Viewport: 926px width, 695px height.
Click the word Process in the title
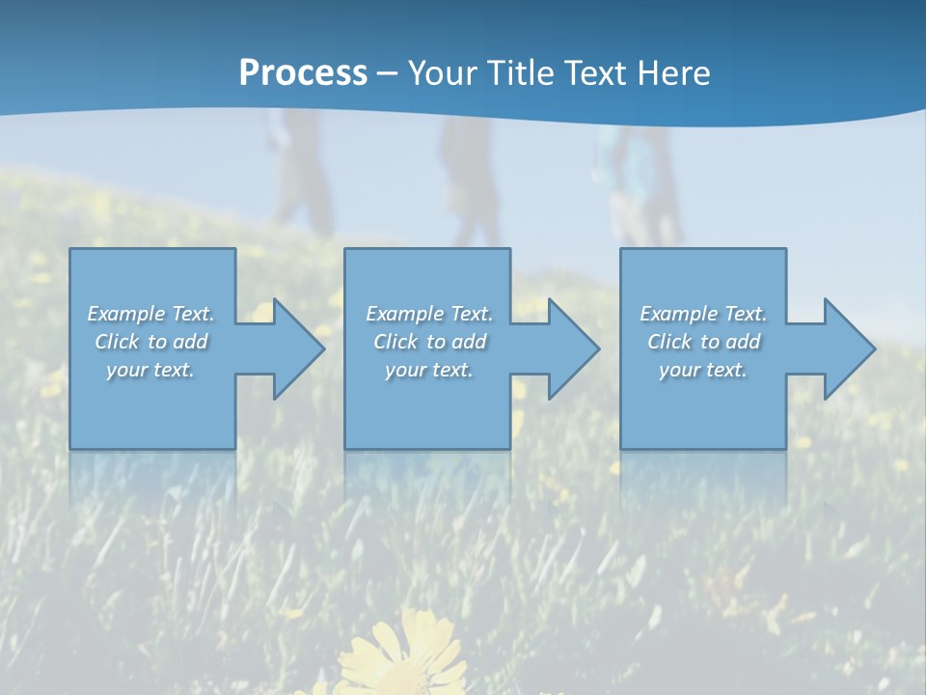[x=303, y=73]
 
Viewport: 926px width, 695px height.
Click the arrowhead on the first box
[x=294, y=348]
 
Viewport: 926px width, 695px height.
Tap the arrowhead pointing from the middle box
[x=569, y=348]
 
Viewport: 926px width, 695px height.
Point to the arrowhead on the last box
[x=845, y=348]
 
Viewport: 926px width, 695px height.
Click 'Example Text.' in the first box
[x=150, y=314]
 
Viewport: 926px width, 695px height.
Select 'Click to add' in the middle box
[x=429, y=342]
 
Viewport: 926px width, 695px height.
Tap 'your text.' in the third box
[x=702, y=370]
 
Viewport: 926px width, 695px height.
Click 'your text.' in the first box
[x=150, y=370]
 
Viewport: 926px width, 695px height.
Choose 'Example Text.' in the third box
[x=703, y=314]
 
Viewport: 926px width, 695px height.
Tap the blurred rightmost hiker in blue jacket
[x=637, y=183]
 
